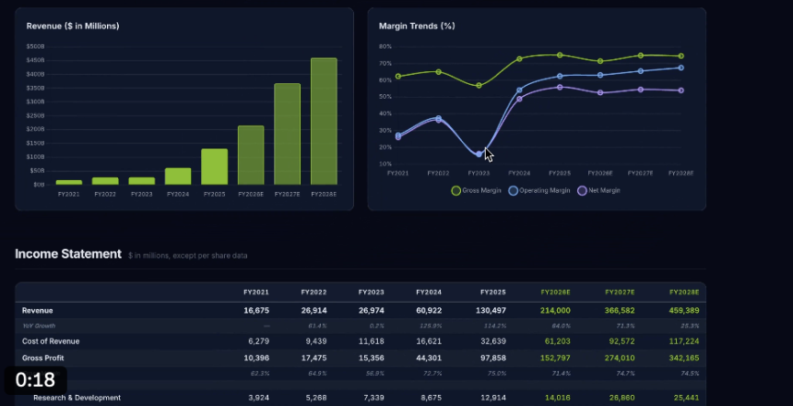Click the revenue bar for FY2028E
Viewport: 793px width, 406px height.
[324, 121]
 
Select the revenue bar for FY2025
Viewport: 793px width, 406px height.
[214, 166]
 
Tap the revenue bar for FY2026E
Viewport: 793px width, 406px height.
[251, 155]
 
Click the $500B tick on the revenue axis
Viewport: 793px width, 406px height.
[36, 46]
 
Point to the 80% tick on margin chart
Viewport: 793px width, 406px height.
[385, 46]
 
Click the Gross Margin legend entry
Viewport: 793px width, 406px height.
[477, 191]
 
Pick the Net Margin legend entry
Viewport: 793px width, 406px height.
[600, 191]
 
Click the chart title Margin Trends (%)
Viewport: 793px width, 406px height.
[417, 26]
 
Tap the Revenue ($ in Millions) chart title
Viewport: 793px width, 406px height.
[73, 26]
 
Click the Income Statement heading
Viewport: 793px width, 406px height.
[68, 254]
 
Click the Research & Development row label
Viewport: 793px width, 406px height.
[77, 398]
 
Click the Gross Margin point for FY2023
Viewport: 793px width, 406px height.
[479, 86]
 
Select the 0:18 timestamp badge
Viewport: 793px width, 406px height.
[35, 379]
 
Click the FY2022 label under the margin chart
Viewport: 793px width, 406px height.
[438, 173]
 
